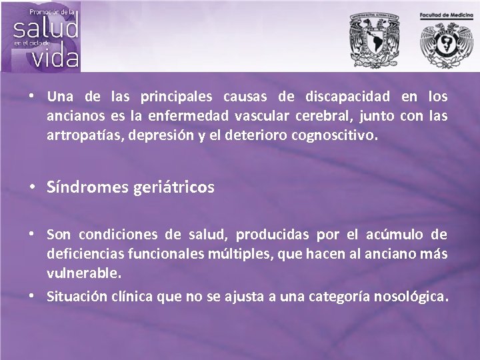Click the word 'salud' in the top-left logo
[x=46, y=29]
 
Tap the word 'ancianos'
[x=71, y=117]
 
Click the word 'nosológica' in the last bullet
[x=410, y=295]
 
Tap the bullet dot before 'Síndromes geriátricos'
[x=33, y=187]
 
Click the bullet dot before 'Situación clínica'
[x=33, y=295]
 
